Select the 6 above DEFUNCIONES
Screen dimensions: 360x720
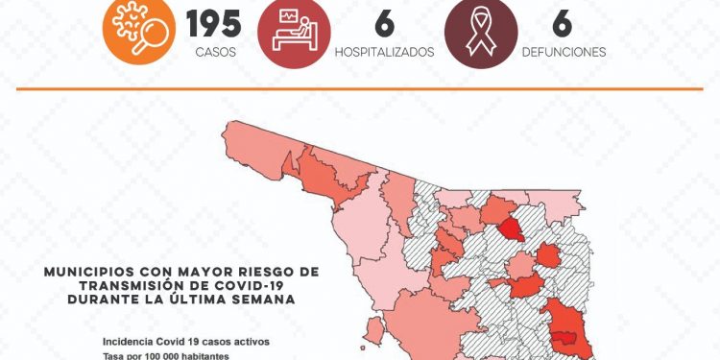[x=564, y=22]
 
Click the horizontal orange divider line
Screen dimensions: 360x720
[x=359, y=89]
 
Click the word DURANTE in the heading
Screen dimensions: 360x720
[x=101, y=300]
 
